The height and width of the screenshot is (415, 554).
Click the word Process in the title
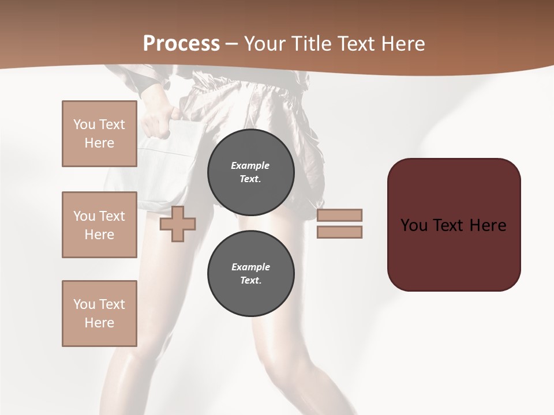(181, 43)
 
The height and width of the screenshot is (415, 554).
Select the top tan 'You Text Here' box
(99, 134)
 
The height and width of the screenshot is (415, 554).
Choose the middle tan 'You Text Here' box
(99, 225)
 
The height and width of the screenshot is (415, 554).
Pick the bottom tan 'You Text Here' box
(99, 313)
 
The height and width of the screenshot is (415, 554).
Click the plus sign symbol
(178, 224)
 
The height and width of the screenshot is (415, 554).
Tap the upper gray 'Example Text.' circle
(250, 172)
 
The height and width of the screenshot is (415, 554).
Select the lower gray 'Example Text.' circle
(250, 273)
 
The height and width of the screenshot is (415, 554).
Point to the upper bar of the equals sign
(339, 215)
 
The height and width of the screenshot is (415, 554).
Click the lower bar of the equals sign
(339, 232)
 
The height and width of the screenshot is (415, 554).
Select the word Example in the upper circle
(250, 165)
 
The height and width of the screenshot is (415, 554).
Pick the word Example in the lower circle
(250, 267)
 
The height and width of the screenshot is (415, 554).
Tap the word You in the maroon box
(413, 225)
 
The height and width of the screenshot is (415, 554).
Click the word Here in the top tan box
(99, 143)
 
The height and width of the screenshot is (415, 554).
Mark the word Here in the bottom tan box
(99, 323)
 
